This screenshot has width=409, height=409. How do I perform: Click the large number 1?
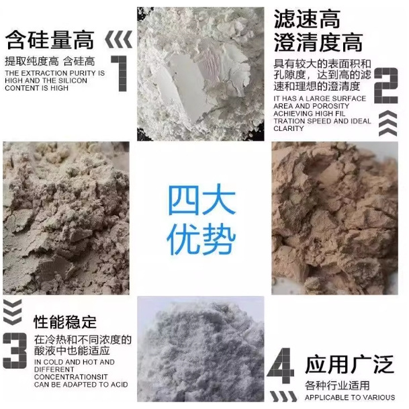(x=120, y=73)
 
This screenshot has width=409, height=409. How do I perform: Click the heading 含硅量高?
(x=50, y=41)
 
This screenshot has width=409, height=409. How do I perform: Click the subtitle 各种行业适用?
(x=336, y=385)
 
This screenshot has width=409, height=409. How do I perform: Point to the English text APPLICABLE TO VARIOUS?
(x=350, y=398)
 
